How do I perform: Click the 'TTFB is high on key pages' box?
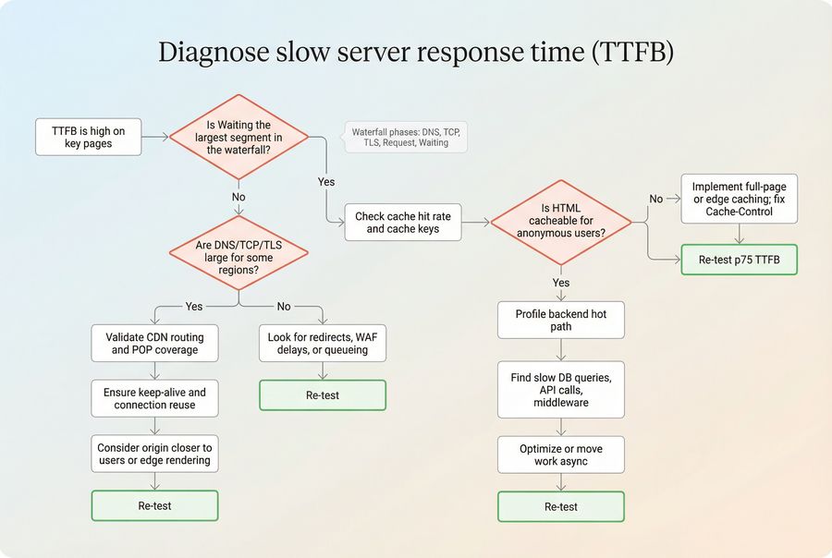89,137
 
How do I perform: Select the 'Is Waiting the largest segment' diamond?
239,137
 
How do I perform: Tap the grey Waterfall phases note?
404,138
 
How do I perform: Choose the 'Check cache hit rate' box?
403,223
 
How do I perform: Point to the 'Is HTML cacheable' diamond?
561,222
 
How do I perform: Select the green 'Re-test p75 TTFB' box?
739,260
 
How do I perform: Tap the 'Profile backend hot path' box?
561,321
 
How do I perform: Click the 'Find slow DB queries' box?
561,390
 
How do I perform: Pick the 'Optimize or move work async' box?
561,455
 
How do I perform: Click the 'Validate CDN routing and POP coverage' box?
154,344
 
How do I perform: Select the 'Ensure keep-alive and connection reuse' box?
154,398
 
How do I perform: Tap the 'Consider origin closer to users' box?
154,454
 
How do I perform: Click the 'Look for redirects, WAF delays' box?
323,344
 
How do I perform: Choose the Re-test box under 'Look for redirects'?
323,394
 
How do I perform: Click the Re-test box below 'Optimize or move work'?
561,506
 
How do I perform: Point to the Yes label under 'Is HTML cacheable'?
561,283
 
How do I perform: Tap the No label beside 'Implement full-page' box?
656,199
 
